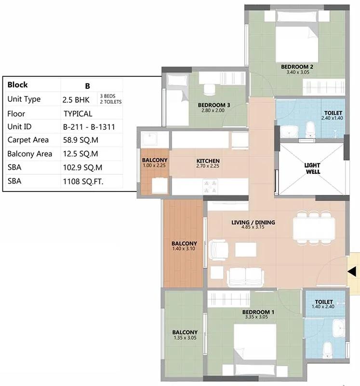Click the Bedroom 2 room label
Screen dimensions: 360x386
pos(297,67)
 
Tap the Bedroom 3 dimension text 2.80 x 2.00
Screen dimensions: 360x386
pos(213,110)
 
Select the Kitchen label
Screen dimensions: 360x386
pos(208,161)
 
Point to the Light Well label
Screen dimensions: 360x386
pos(312,168)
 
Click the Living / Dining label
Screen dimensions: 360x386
pos(253,222)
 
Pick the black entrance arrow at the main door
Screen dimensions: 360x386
pos(352,272)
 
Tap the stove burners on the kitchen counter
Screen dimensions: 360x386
pos(210,187)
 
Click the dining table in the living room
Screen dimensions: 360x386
pos(314,228)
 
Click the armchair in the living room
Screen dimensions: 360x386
pos(219,250)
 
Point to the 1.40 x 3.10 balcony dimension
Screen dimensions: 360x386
pos(184,248)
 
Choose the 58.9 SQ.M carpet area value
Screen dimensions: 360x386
pos(80,140)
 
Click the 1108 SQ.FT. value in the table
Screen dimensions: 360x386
pos(83,181)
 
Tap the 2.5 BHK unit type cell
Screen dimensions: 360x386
pos(76,100)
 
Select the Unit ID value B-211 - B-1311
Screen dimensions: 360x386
pos(89,127)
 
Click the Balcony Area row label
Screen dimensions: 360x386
pos(30,154)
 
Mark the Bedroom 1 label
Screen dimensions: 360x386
pos(258,312)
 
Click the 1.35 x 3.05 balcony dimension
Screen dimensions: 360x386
pos(185,338)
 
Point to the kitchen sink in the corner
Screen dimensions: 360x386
pos(149,139)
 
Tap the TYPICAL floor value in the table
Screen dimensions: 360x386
pos(78,114)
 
